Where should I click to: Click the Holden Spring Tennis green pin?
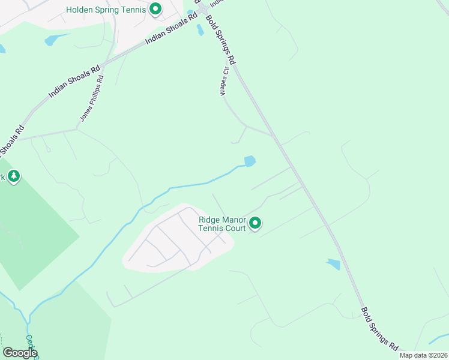click(155, 9)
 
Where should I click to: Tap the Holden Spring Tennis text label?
click(106, 9)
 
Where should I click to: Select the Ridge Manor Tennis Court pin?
click(255, 224)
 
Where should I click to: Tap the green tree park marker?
click(13, 176)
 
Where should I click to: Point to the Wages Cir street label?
click(224, 81)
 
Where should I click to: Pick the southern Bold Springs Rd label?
click(379, 329)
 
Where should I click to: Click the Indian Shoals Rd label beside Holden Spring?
click(172, 34)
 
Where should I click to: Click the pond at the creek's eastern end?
click(250, 161)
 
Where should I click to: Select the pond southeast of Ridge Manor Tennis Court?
click(333, 264)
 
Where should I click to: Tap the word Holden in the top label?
click(81, 9)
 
